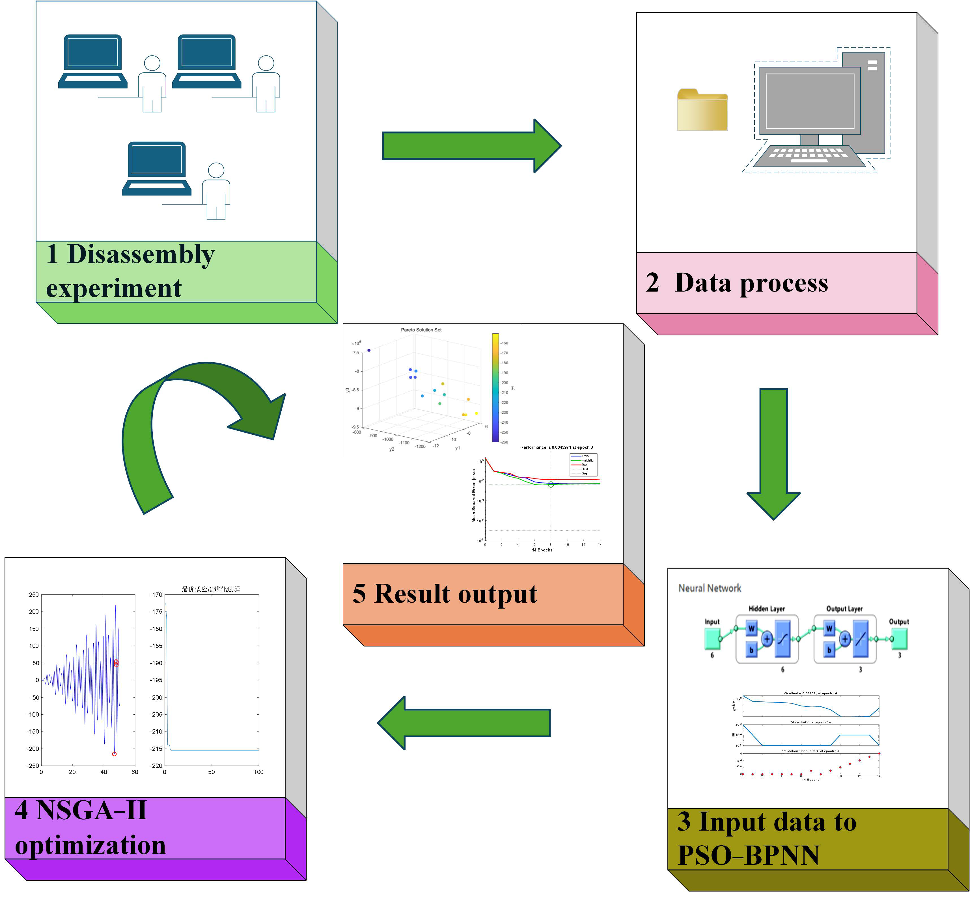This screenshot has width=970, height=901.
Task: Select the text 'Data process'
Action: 751,283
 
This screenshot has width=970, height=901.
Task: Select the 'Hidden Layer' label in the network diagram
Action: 766,609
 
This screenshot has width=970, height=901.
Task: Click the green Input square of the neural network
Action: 712,639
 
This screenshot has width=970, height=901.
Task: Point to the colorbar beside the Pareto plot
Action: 495,388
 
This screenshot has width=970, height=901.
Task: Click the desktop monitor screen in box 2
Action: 810,100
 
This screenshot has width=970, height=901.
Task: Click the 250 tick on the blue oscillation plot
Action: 34,594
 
